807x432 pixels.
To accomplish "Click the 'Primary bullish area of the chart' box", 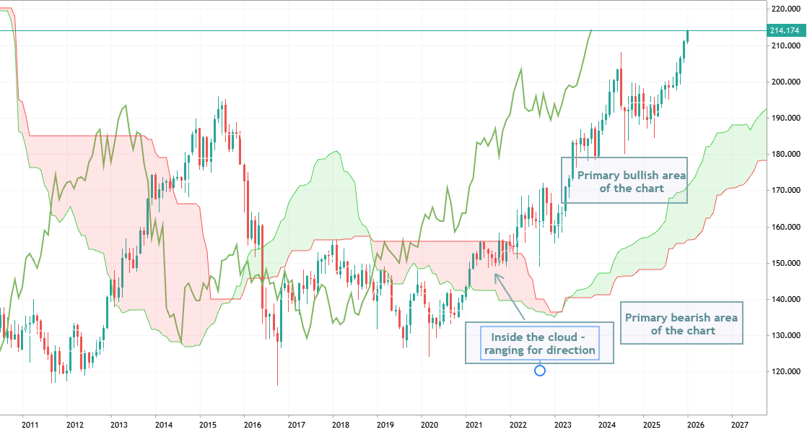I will (x=624, y=180).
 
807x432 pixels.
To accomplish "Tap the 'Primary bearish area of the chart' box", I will (x=682, y=323).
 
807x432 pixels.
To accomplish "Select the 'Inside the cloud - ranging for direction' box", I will (x=539, y=343).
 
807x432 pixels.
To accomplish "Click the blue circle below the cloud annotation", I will (x=539, y=371).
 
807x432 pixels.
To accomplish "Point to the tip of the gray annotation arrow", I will (x=494, y=273).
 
